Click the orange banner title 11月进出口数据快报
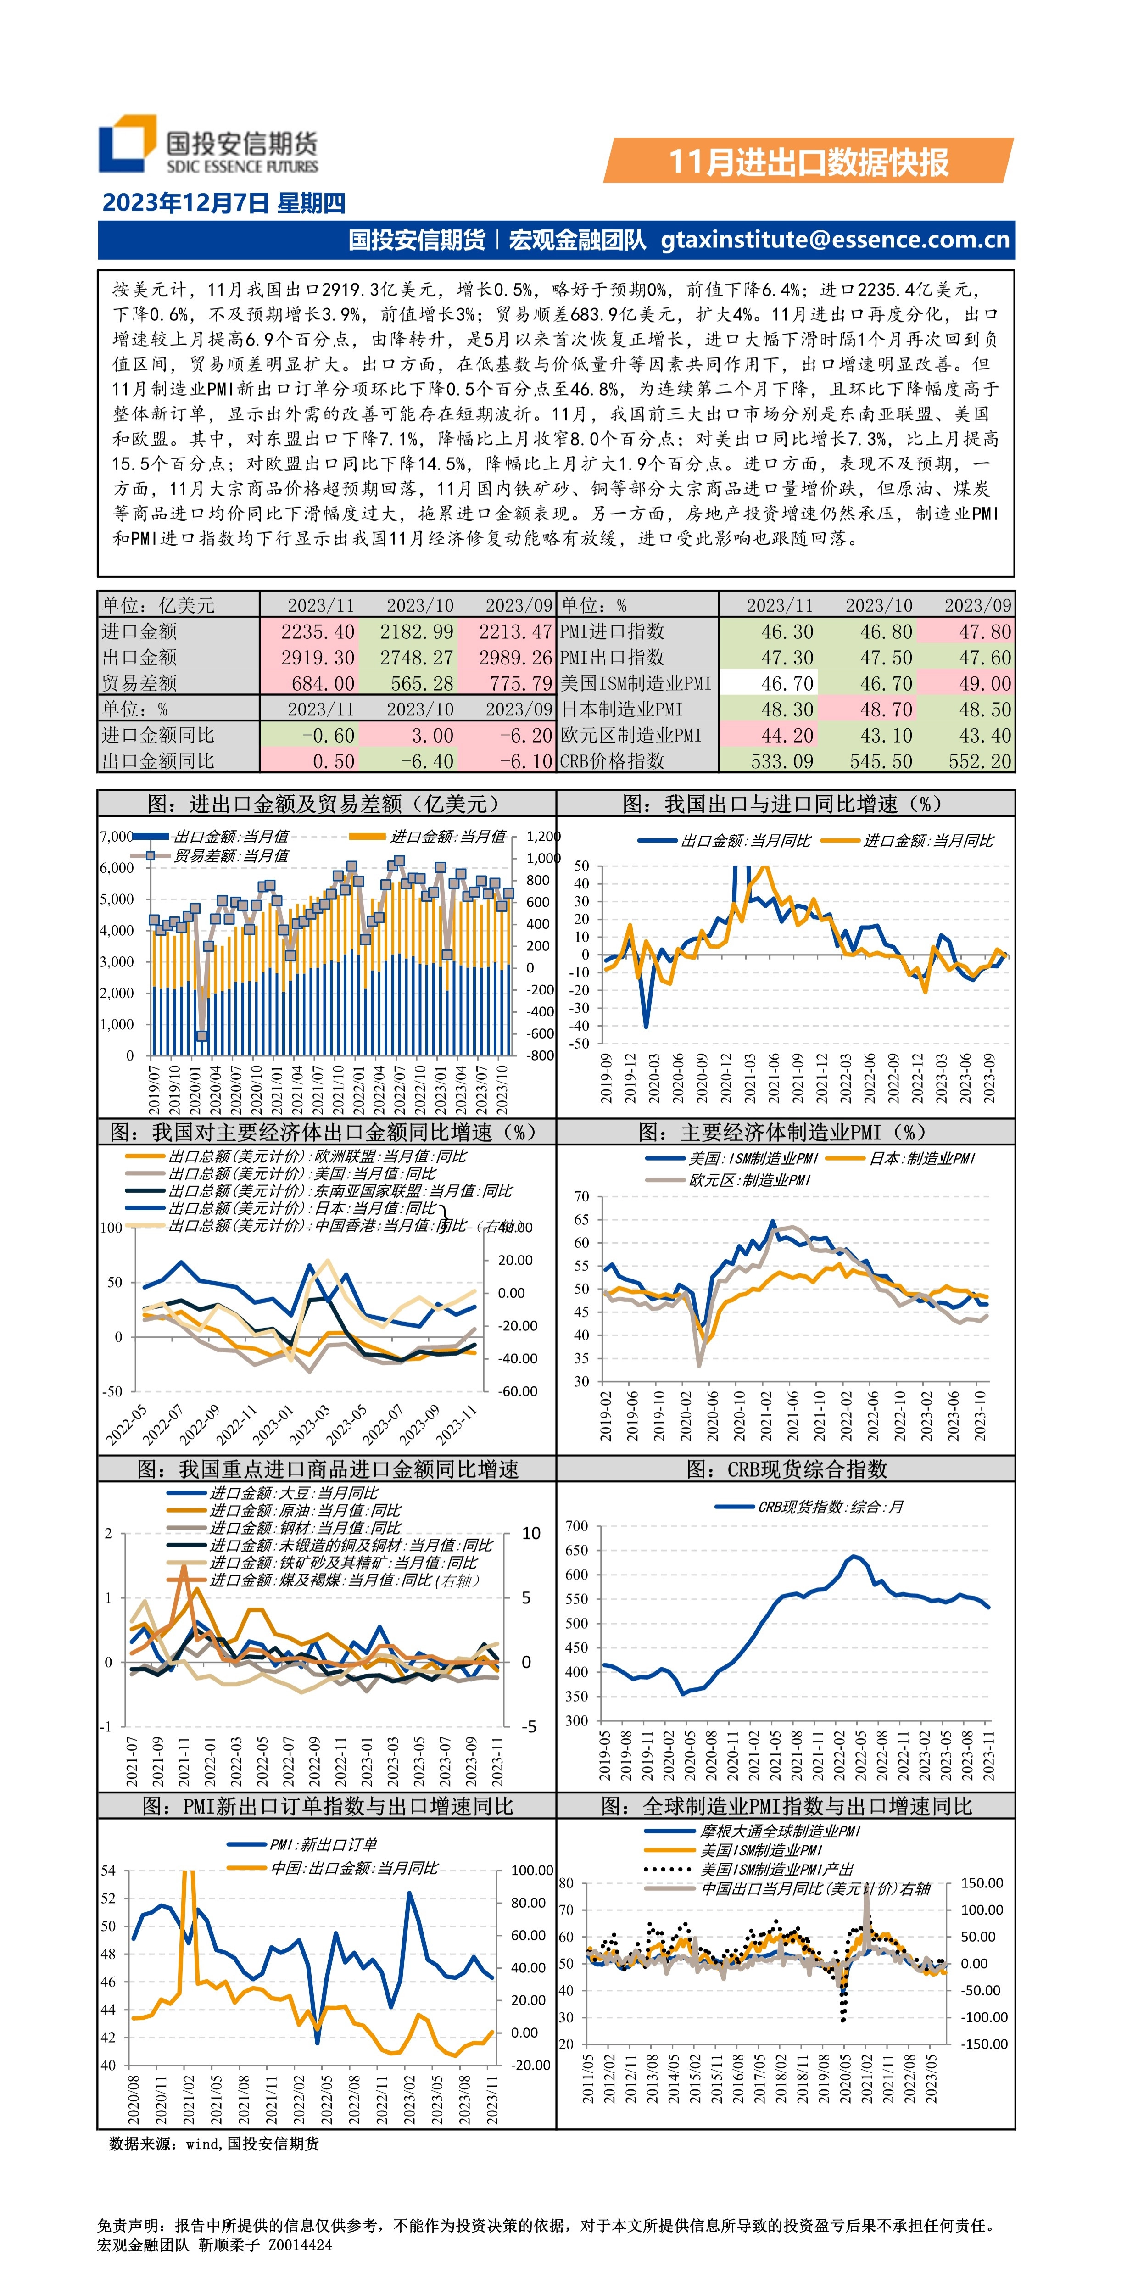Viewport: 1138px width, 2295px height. point(808,161)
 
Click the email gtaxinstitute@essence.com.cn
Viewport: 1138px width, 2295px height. point(835,240)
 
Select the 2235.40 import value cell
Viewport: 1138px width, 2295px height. point(317,631)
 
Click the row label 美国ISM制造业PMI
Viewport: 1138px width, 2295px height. point(636,683)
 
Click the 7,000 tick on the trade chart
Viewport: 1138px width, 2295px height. point(116,837)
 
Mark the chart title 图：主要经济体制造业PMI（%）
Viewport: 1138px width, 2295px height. point(785,1132)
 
